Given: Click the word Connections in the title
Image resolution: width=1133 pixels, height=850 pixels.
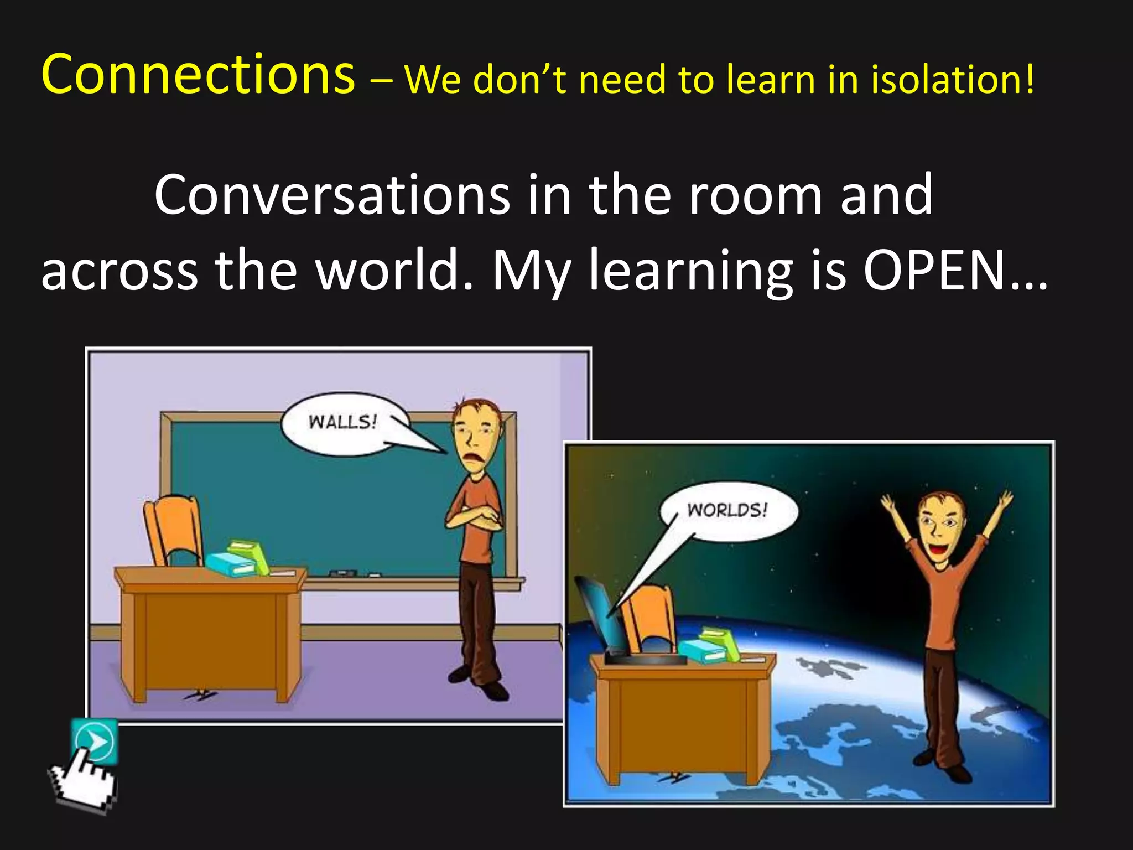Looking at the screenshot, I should pos(198,74).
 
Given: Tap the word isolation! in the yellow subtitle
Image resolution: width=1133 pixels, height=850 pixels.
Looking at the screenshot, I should pos(952,79).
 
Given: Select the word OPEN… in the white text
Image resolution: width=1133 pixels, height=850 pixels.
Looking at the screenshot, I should pos(954,270).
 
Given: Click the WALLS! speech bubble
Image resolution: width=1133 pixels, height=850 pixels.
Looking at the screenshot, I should pos(343,423).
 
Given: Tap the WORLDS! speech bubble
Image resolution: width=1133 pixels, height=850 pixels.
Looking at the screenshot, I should pos(727,510).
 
